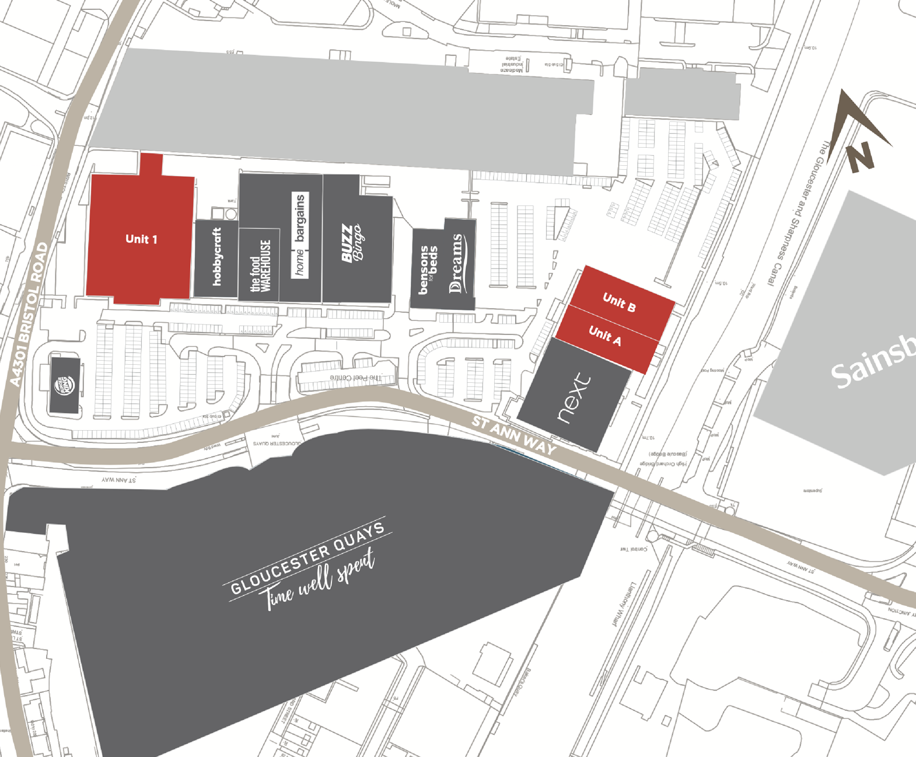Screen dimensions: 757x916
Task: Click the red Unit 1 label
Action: (141, 239)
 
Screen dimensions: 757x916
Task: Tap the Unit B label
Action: (619, 302)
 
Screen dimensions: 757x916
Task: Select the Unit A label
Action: (605, 336)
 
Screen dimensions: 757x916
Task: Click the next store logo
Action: (574, 398)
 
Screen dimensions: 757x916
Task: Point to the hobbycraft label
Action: (217, 257)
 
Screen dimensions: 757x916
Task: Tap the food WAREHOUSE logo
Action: (260, 266)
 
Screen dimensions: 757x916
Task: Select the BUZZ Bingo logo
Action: (352, 243)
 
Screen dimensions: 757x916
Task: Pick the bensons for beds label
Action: (428, 269)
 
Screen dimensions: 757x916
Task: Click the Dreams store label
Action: (456, 263)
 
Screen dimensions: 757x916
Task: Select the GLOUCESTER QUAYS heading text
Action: (307, 557)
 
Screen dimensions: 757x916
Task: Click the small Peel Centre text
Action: (355, 378)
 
